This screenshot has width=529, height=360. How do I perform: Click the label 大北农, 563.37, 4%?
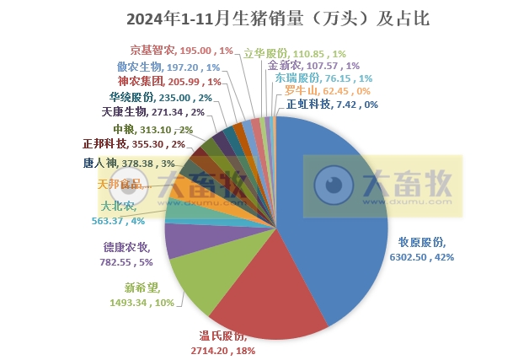(x=118, y=212)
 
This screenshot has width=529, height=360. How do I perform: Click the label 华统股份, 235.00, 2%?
(x=161, y=97)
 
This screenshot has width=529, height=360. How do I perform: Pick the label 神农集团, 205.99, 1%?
(x=169, y=82)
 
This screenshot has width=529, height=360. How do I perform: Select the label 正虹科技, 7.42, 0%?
(x=332, y=105)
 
